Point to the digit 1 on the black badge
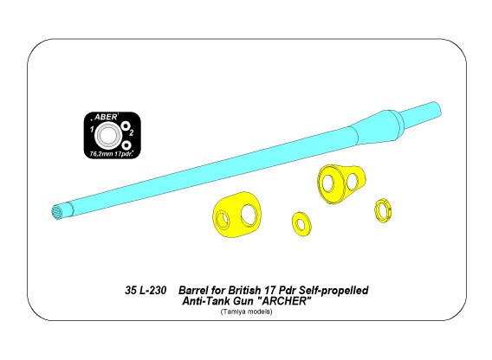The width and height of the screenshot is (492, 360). pyautogui.click(x=91, y=132)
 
